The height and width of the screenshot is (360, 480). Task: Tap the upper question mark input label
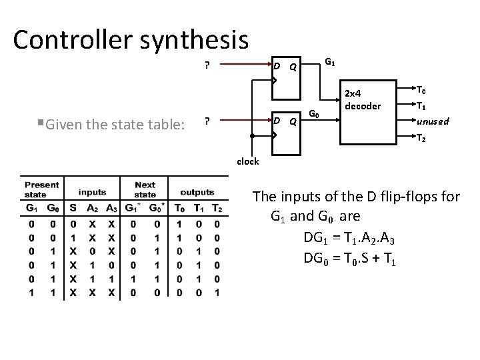tap(207, 65)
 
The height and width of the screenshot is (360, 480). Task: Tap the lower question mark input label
tap(207, 121)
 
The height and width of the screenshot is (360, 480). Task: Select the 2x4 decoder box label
tap(362, 101)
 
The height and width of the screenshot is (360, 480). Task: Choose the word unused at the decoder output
tap(433, 121)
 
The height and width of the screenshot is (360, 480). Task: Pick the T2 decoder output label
tap(421, 138)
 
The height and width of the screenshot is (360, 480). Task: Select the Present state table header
tap(41, 189)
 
